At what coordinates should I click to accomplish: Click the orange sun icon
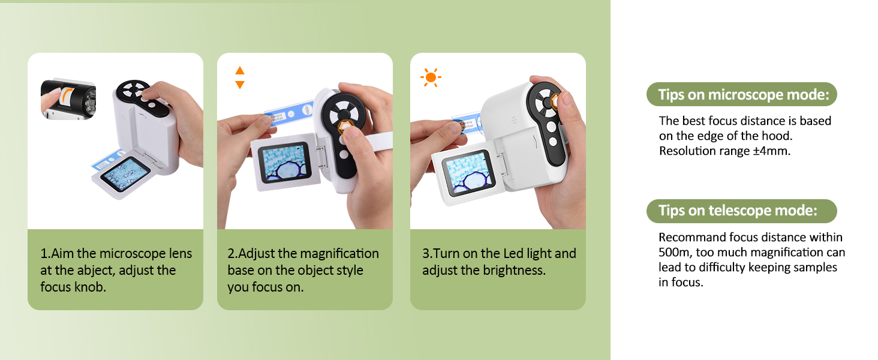tap(431, 77)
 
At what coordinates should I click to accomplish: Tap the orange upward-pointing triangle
tap(240, 71)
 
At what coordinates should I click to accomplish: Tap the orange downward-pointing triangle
tap(240, 85)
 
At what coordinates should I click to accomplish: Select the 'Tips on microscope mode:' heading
tap(744, 95)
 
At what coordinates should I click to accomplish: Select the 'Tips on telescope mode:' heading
tap(738, 211)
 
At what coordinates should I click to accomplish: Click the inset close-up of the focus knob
tap(68, 99)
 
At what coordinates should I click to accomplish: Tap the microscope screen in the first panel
tap(125, 175)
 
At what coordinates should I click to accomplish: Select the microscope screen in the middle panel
tap(284, 162)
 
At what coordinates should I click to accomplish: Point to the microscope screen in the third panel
tap(468, 173)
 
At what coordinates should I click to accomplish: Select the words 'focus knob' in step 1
tap(73, 287)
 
